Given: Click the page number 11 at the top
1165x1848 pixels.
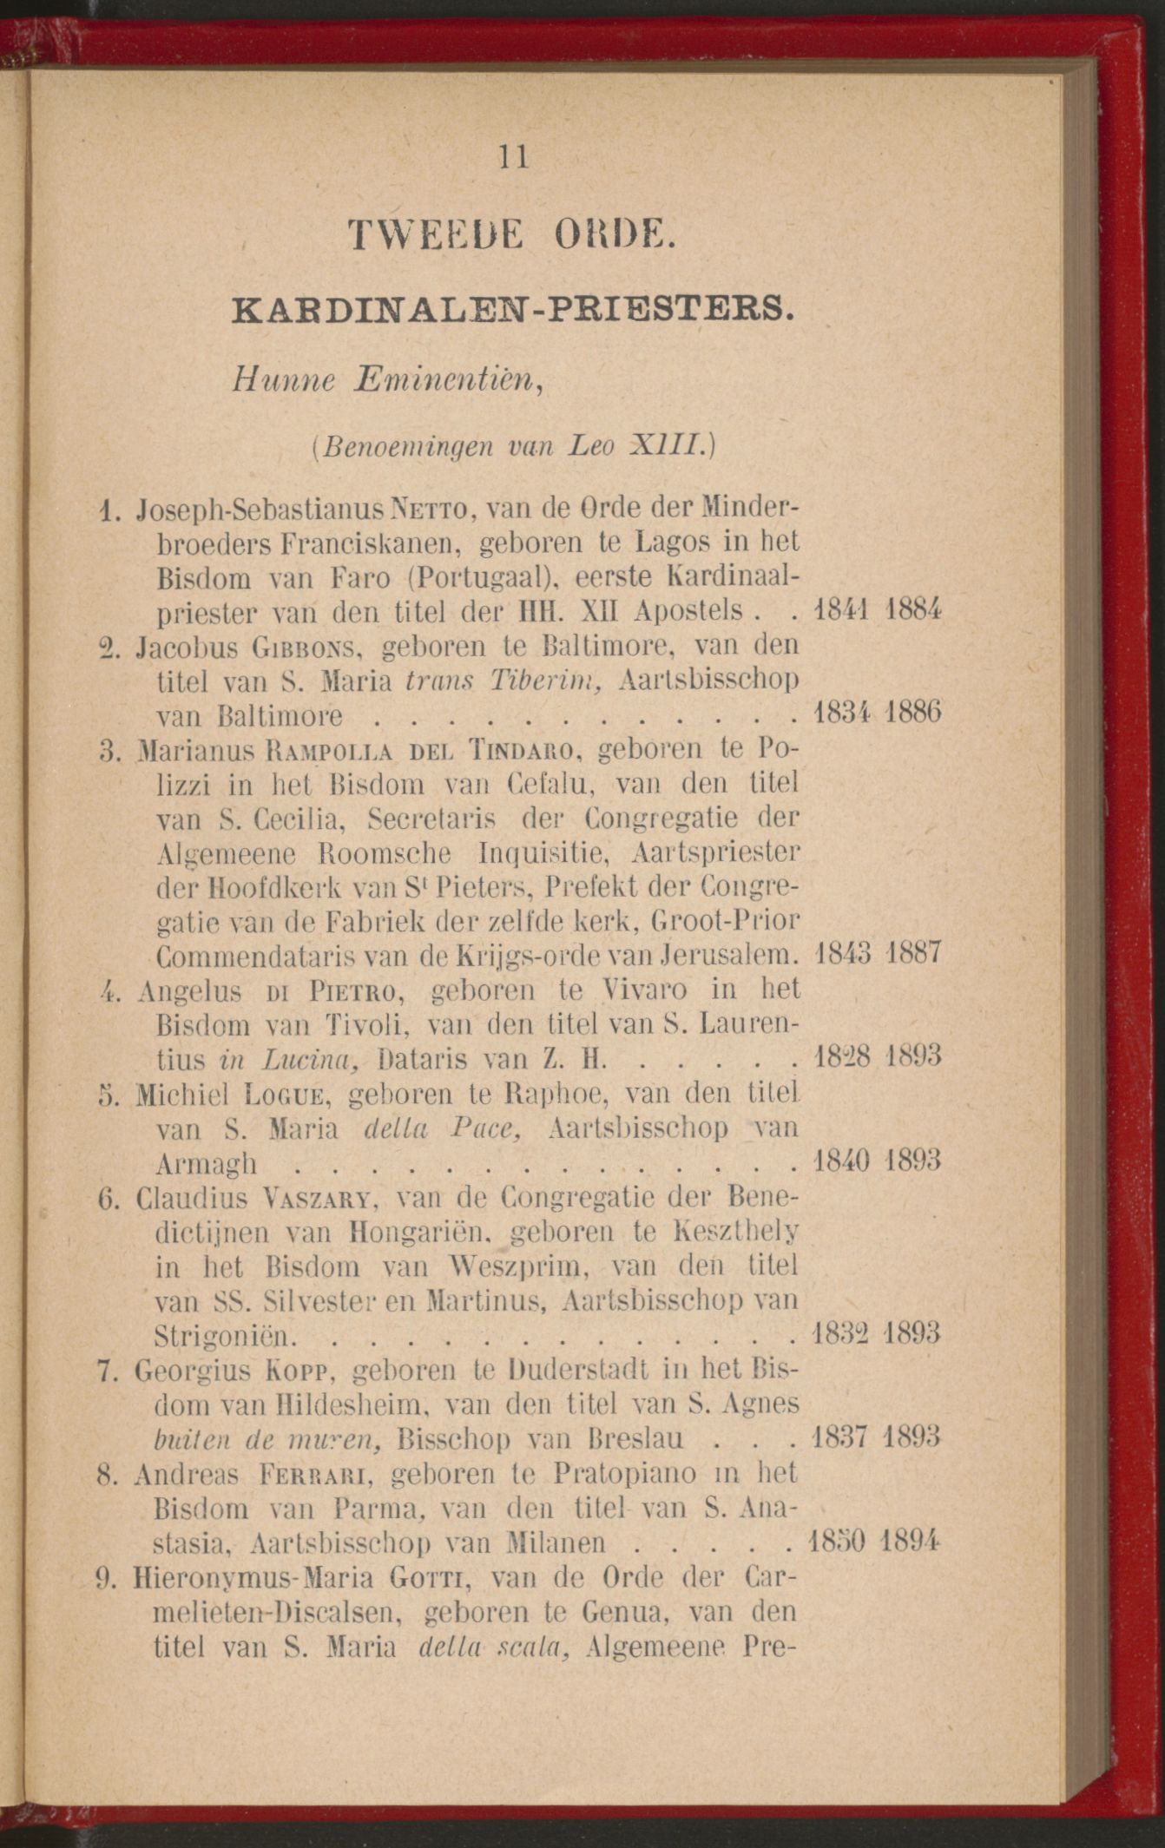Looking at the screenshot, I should pyautogui.click(x=513, y=157).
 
